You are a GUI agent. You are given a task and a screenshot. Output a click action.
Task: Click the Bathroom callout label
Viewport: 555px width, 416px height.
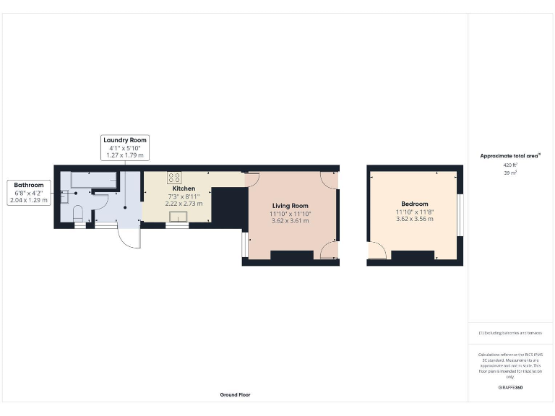pos(29,186)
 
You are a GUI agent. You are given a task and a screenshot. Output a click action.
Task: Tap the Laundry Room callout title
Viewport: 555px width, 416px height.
pos(125,139)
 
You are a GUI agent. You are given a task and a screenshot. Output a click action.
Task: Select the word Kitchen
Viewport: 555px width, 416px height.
pos(184,188)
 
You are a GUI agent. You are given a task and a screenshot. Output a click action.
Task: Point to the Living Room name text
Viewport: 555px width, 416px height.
pos(290,206)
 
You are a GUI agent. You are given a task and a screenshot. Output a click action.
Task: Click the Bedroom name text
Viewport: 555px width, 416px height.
pos(415,204)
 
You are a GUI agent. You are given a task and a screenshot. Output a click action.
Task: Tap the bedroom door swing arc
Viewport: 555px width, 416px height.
pos(377,250)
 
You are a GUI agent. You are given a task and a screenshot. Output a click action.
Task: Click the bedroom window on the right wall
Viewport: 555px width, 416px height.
pos(461,214)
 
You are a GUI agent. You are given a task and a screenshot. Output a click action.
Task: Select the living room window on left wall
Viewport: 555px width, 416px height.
pos(245,244)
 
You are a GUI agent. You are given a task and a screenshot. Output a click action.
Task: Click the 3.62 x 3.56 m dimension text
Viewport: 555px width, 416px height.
pos(415,219)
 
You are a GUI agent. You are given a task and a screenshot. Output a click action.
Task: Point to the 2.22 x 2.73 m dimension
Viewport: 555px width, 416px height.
pos(184,204)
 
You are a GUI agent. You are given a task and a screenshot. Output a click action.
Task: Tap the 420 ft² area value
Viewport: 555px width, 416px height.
pos(510,165)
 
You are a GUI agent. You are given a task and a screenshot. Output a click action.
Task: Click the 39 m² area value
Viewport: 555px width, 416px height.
pos(510,173)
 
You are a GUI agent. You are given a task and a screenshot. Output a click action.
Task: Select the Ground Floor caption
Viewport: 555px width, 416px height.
pos(236,395)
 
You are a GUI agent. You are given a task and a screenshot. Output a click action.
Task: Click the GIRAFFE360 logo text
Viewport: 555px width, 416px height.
pos(510,388)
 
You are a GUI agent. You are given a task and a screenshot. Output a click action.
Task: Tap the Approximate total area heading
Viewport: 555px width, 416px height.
pos(510,155)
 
